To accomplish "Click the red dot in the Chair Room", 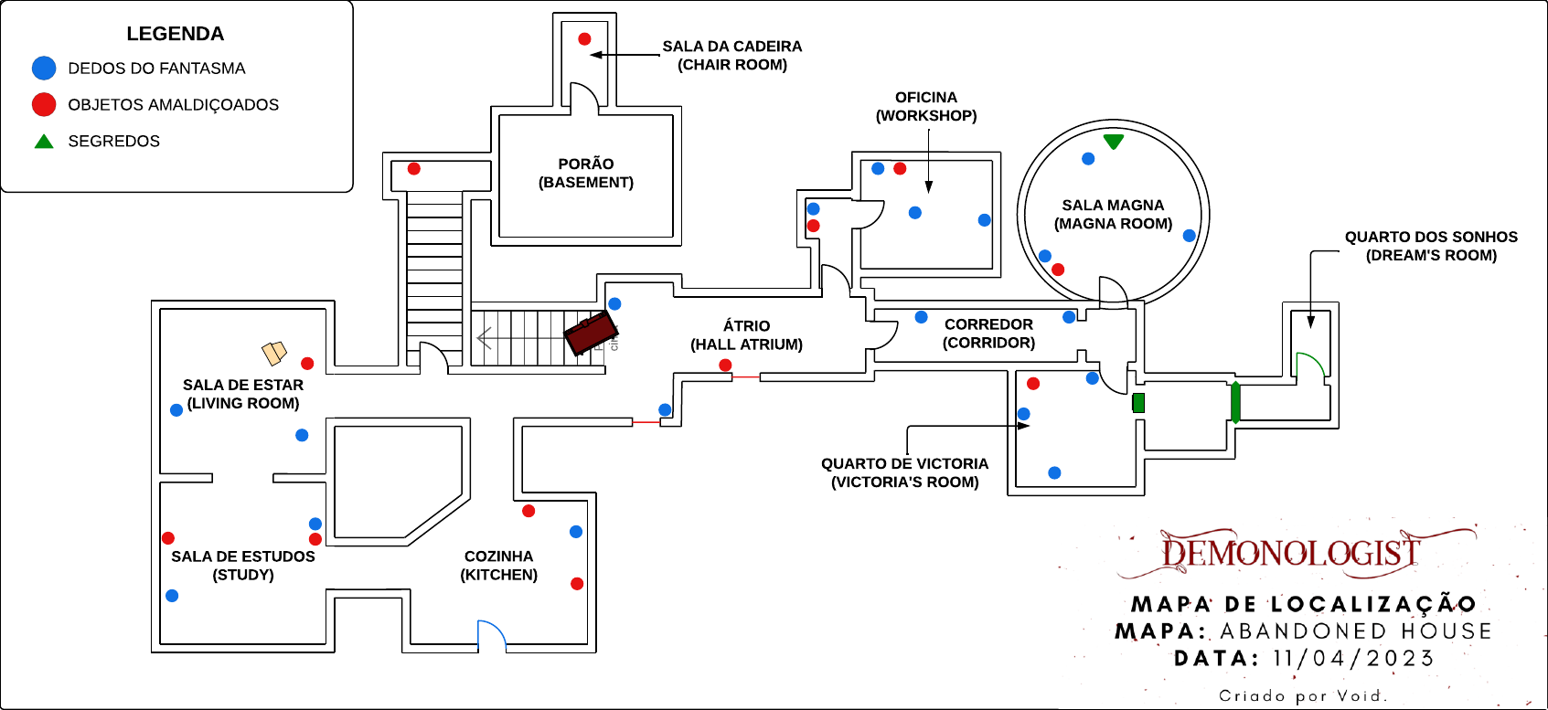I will [x=584, y=39].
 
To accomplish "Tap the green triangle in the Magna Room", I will [x=1113, y=142].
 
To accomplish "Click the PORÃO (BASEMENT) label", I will [x=586, y=173].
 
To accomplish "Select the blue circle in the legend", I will [x=44, y=68].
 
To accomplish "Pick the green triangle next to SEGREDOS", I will [x=44, y=142].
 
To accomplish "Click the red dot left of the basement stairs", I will [x=414, y=169].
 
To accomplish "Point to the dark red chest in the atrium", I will [x=590, y=334].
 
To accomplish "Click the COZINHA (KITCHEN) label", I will [x=498, y=566].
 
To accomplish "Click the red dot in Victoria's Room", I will [x=1033, y=384].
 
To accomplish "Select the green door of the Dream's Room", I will [x=1309, y=365].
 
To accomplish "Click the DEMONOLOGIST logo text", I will [x=1290, y=553].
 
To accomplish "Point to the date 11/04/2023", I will [x=1353, y=659].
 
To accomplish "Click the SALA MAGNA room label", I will [x=1113, y=215].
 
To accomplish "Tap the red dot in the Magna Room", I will [x=1058, y=270].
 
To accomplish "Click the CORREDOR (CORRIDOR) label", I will [x=988, y=334].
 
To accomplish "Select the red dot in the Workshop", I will [x=900, y=169].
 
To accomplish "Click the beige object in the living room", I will [x=274, y=352].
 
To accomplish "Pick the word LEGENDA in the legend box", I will [x=175, y=34].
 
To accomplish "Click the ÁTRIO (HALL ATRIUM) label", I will [x=746, y=335].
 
